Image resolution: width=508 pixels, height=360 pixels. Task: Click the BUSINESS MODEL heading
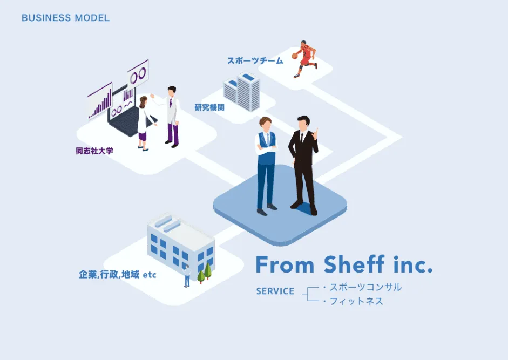pos(65,18)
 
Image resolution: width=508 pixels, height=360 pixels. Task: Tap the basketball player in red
pos(306,58)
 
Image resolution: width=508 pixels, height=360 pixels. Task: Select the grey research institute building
pos(242,92)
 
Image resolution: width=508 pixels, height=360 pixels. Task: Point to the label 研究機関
pos(209,107)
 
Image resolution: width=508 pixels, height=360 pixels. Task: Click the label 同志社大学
pos(94,151)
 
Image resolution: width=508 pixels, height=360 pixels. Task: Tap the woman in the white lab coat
pos(143,121)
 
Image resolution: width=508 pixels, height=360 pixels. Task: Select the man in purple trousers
pos(172,116)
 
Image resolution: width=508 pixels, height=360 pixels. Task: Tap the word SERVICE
pos(275,291)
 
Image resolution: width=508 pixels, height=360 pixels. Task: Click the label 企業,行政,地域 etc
pos(117,275)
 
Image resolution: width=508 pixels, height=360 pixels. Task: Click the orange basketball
pos(295,55)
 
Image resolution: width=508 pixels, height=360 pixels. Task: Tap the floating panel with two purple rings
pos(138,73)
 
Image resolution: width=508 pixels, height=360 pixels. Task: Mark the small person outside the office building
pos(187,276)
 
